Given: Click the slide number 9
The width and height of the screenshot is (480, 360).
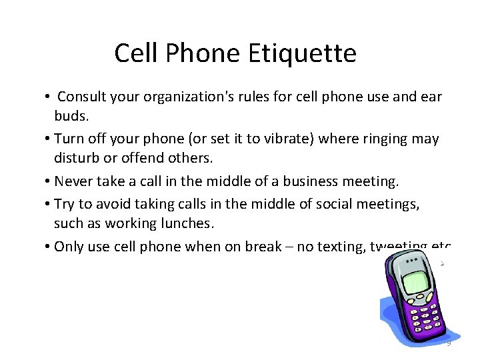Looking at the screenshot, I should point(449,343).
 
